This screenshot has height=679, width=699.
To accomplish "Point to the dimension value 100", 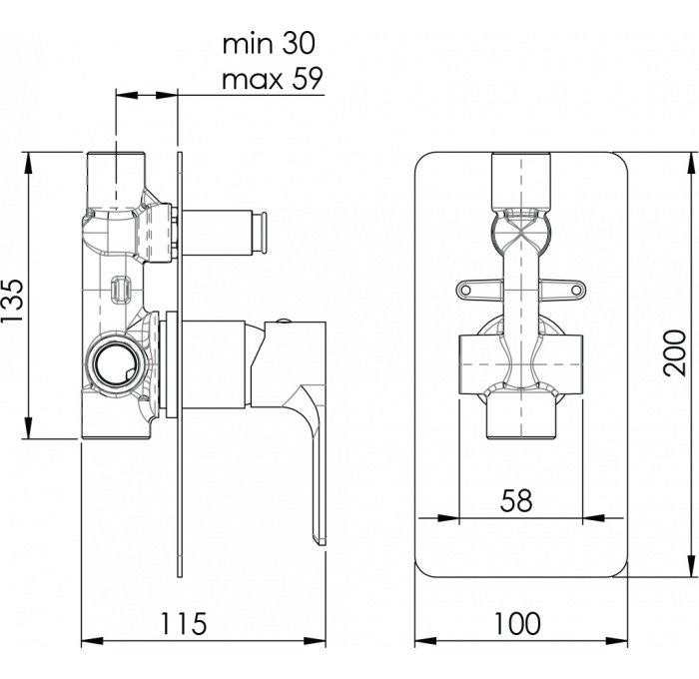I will click(x=516, y=623).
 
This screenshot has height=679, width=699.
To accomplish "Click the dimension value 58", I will click(x=516, y=500).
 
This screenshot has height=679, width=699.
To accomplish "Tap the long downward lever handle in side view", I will click(x=319, y=469).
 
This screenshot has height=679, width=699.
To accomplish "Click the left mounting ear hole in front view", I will click(x=466, y=291).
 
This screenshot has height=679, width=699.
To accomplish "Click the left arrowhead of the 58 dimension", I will click(x=423, y=517).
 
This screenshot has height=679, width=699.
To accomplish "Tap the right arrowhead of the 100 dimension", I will click(x=625, y=640).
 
